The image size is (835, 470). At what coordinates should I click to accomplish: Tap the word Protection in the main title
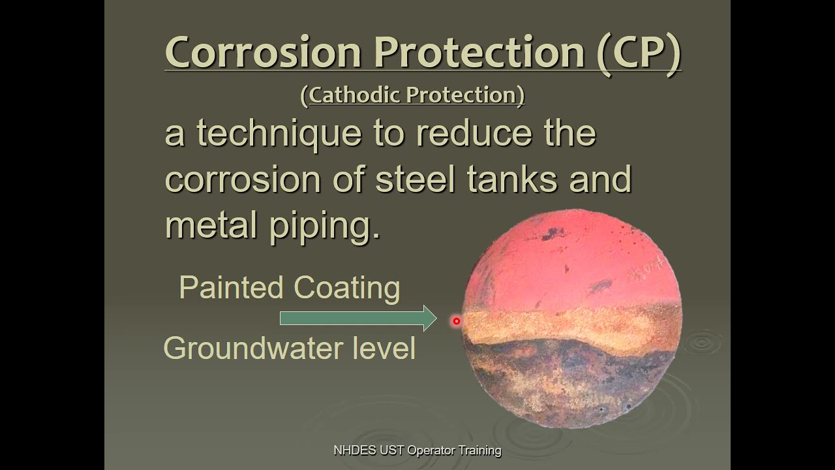479,52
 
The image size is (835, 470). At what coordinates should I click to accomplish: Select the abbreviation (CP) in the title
639,52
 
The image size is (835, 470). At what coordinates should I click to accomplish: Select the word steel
415,179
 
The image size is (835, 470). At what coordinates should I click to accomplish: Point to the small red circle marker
457,321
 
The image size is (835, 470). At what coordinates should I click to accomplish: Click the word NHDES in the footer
351,450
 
